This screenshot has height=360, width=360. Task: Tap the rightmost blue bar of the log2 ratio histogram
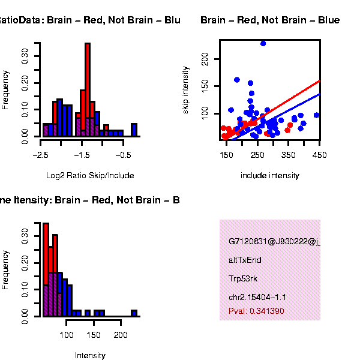(134, 130)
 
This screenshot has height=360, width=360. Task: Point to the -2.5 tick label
(40, 154)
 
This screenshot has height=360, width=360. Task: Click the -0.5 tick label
(123, 154)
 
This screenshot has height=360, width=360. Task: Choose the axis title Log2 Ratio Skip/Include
(90, 176)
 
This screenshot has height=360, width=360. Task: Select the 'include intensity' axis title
(269, 176)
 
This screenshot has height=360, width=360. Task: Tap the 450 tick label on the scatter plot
(319, 154)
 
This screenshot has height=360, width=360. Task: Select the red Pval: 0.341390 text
(256, 311)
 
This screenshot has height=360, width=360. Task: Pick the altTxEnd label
(245, 260)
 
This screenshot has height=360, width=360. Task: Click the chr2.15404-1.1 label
(257, 297)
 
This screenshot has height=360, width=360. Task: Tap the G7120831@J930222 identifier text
(274, 242)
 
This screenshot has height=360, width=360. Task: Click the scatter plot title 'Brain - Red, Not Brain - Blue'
(270, 20)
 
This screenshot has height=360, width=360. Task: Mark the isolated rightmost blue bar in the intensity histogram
(134, 313)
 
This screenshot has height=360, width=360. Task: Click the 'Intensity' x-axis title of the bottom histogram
(90, 356)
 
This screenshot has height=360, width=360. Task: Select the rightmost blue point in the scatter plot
(316, 115)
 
